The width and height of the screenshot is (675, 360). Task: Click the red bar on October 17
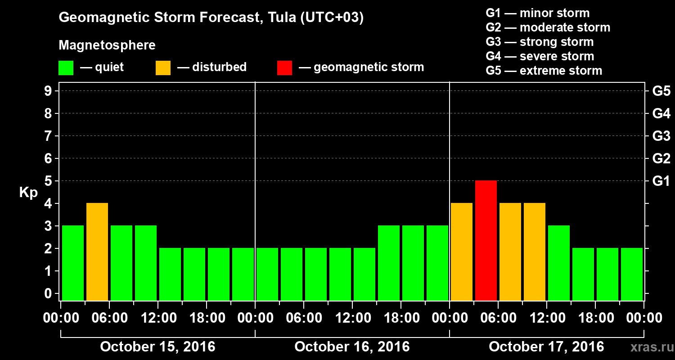click(486, 240)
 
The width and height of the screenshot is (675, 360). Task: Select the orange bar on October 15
click(97, 252)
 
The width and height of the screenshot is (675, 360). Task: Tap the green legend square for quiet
click(66, 67)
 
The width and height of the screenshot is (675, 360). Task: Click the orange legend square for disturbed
click(163, 67)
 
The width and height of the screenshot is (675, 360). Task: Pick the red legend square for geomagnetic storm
click(284, 67)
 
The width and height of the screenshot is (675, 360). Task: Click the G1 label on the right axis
click(661, 181)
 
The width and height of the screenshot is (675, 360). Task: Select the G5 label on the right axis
click(661, 91)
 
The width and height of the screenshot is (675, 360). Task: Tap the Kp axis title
click(28, 193)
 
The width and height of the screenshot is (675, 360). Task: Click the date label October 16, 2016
click(352, 347)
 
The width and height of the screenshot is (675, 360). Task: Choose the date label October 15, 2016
click(157, 347)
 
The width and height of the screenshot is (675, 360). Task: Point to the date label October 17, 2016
click(546, 347)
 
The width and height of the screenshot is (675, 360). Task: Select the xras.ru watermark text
click(648, 347)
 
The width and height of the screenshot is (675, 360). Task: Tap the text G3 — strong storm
click(540, 42)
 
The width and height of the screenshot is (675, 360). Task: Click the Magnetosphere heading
click(107, 45)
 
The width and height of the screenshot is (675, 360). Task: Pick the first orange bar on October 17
click(462, 252)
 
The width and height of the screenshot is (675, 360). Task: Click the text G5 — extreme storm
click(544, 71)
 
